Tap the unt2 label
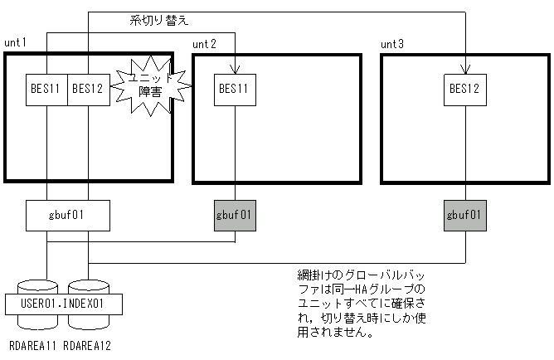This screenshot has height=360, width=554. pyautogui.click(x=204, y=42)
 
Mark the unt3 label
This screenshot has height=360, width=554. pyautogui.click(x=392, y=42)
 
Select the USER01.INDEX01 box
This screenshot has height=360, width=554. pyautogui.click(x=66, y=304)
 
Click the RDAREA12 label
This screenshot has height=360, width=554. pyautogui.click(x=88, y=343)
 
